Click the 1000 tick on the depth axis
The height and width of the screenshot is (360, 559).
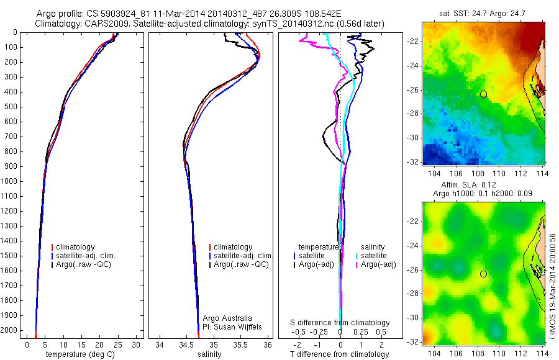[9, 181]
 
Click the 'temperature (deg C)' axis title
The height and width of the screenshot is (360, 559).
[78, 354]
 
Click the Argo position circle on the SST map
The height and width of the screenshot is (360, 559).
[483, 94]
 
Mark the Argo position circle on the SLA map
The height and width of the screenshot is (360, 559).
[483, 274]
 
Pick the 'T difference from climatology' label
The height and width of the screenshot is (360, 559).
[340, 354]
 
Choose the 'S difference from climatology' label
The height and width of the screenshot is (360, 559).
[340, 323]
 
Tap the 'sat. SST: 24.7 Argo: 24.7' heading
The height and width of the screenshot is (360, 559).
[483, 12]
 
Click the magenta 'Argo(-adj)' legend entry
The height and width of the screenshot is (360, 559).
[376, 264]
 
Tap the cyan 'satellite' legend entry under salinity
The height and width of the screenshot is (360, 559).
[373, 256]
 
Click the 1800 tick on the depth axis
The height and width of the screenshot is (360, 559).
[9, 300]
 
